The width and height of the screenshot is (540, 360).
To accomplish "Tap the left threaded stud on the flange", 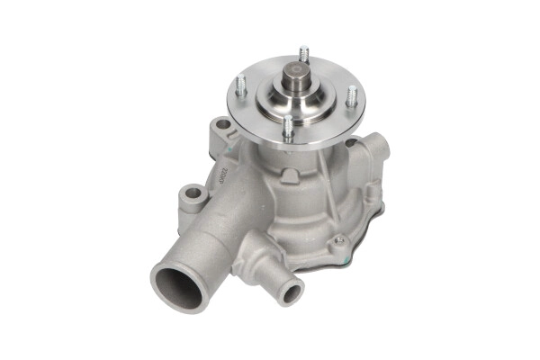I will [x=241, y=86].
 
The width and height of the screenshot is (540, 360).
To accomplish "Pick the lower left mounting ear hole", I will [x=191, y=193].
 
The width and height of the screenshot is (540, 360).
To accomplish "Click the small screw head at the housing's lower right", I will [x=338, y=241].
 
